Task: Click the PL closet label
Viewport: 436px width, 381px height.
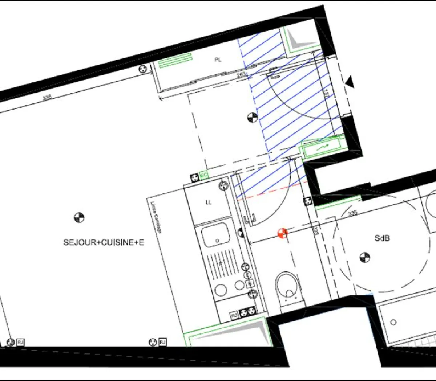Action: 218,60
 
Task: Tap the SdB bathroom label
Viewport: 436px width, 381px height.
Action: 382,238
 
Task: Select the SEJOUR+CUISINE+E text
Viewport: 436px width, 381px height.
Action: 104,242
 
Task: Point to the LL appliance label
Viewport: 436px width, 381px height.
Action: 208,202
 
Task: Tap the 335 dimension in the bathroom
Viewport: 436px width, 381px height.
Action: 352,213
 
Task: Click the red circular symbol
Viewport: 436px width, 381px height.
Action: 283,233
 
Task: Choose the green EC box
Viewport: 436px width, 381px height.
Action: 203,176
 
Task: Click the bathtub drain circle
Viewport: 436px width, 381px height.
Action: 393,322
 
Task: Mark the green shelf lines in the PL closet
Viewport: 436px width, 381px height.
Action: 175,60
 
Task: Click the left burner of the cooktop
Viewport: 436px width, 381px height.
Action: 220,290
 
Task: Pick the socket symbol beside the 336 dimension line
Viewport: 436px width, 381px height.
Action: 144,68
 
